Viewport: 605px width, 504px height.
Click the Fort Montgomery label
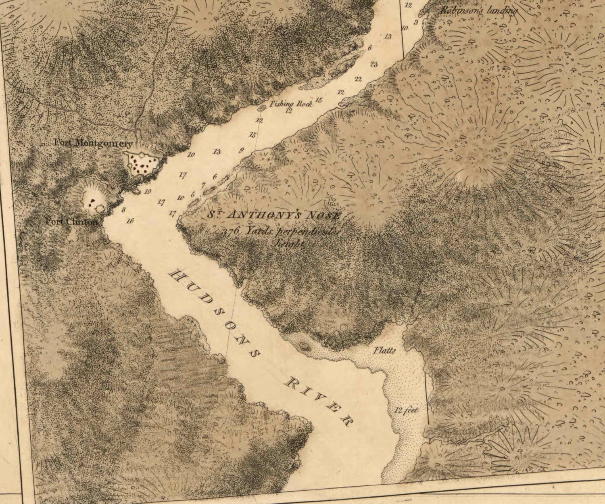pyautogui.click(x=93, y=143)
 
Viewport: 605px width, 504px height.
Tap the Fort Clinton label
pyautogui.click(x=71, y=222)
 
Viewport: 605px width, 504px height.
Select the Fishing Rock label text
pyautogui.click(x=291, y=103)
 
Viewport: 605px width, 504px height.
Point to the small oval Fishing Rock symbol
pyautogui.click(x=261, y=108)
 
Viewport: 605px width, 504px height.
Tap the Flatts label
pyautogui.click(x=384, y=350)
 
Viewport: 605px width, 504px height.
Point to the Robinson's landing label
pyautogui.click(x=479, y=11)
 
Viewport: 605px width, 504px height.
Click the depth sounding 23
pyautogui.click(x=373, y=64)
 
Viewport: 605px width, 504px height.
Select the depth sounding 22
pyautogui.click(x=358, y=79)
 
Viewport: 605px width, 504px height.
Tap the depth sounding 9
pyautogui.click(x=241, y=151)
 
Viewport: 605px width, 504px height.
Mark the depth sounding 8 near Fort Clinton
pyautogui.click(x=123, y=209)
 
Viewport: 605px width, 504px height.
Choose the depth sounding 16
pyautogui.click(x=130, y=221)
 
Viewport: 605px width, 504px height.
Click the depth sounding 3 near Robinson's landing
pyautogui.click(x=416, y=21)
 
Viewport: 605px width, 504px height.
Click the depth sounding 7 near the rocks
pyautogui.click(x=203, y=185)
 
